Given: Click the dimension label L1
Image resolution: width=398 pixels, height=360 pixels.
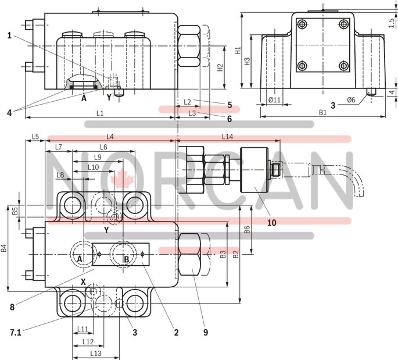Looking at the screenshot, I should click(x=100, y=112).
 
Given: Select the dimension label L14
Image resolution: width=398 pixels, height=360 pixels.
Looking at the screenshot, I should click(x=228, y=136).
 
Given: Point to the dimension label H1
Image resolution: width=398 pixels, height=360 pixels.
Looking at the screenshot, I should click(x=238, y=51).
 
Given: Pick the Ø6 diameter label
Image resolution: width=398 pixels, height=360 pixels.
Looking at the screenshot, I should click(x=351, y=100).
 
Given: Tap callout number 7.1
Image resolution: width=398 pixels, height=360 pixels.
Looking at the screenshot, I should click(x=16, y=332).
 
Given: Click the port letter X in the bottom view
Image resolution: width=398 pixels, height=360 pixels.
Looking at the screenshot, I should click(x=84, y=281).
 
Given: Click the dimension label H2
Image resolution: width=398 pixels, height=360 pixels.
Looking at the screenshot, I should click(x=220, y=67).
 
